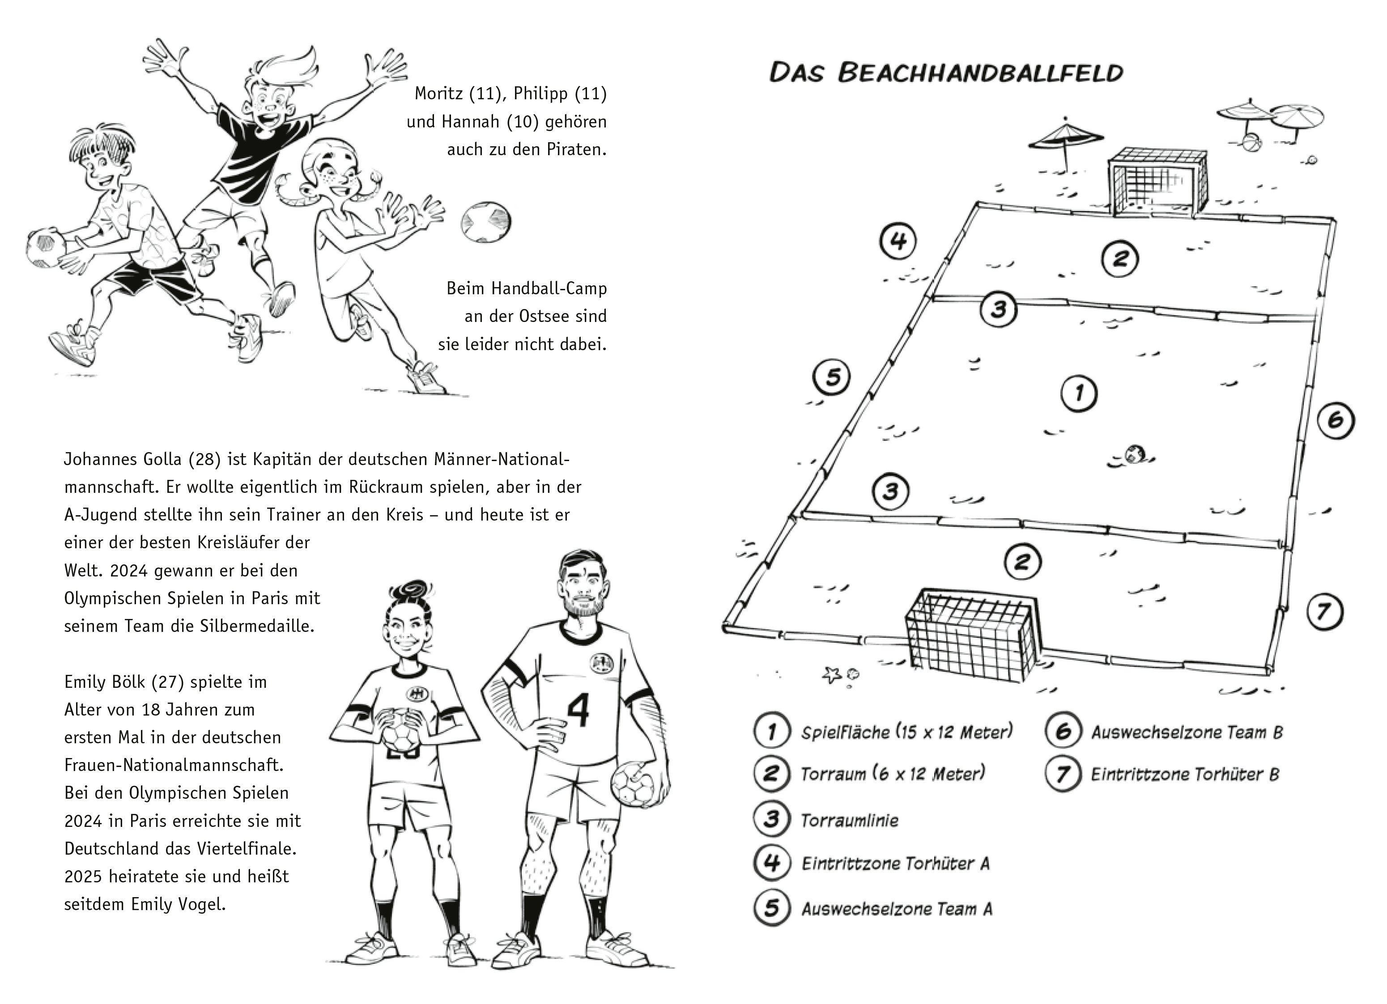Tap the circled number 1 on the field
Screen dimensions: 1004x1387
(x=1078, y=393)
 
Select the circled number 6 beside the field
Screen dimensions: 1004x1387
(x=1335, y=420)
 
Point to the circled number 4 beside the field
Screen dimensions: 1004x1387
(x=897, y=241)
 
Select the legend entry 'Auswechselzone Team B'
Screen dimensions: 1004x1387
(x=1187, y=733)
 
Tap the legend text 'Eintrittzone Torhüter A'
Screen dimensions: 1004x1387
(x=895, y=864)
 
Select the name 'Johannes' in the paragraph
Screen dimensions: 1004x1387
(x=98, y=459)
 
